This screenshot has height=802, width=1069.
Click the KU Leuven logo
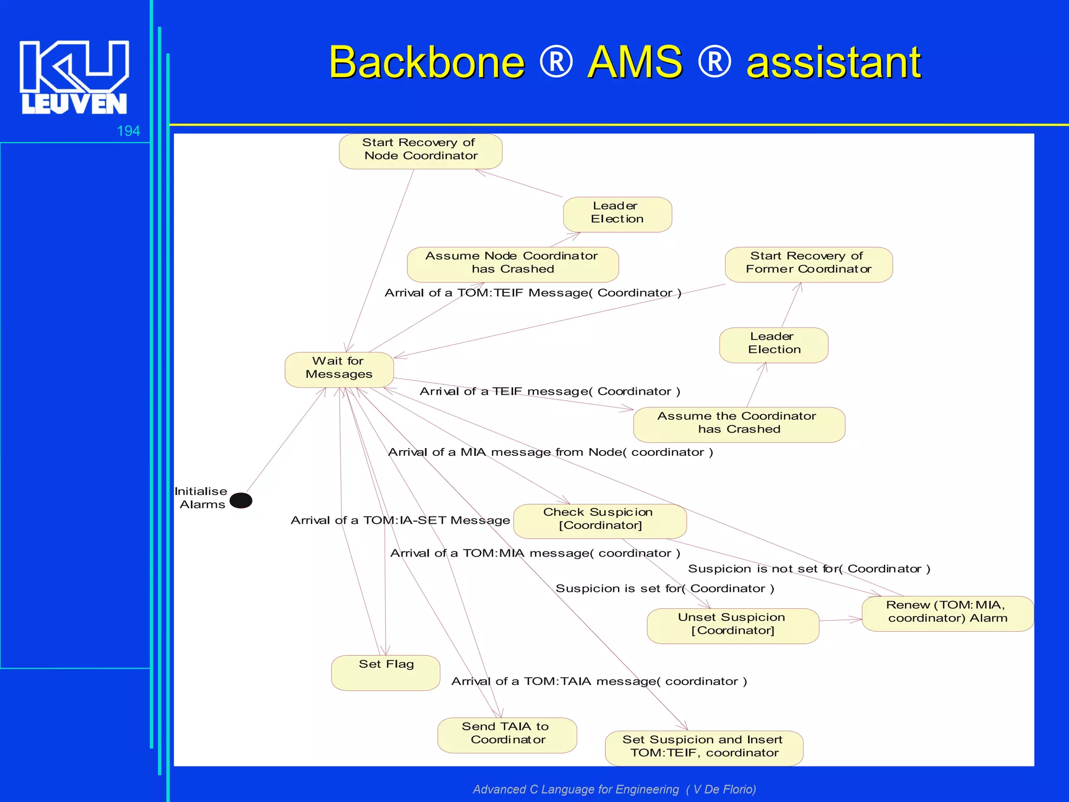[x=74, y=77]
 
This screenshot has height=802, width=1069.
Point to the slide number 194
[x=128, y=131]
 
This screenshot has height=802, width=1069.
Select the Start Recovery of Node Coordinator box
[x=420, y=151]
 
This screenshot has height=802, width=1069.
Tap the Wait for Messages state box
[x=339, y=370]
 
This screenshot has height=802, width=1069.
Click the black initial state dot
[x=241, y=500]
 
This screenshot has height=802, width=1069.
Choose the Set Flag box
[x=386, y=673]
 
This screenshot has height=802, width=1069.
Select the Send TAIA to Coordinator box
[x=507, y=735]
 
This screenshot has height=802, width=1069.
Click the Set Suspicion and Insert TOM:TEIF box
[x=704, y=748]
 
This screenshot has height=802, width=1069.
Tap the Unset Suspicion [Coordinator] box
[x=732, y=626]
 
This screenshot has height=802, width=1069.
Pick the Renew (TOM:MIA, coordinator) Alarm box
[x=947, y=614]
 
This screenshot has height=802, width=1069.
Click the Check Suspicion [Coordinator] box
[x=599, y=521]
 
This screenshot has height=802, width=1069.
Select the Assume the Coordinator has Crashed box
[x=739, y=424]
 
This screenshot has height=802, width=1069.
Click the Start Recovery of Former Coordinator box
[x=808, y=264]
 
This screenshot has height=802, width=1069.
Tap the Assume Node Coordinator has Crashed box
[x=512, y=264]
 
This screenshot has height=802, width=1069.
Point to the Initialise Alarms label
[x=201, y=498]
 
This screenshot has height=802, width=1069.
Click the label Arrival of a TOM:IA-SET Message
[x=400, y=520]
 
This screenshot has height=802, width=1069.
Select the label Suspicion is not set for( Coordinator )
[x=809, y=569]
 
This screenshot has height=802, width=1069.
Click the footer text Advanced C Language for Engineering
[x=575, y=789]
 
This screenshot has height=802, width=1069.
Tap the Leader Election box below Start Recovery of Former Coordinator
[x=774, y=345]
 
